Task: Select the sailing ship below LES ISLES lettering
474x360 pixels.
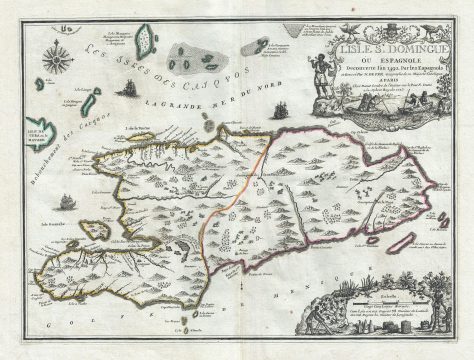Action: (x=127, y=89)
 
